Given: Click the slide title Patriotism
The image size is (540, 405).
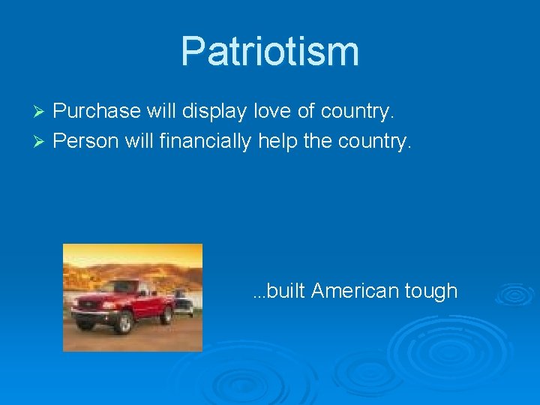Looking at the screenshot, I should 270,51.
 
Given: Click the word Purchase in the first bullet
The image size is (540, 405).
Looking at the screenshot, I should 97,112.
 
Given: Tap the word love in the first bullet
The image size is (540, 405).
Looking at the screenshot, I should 274,111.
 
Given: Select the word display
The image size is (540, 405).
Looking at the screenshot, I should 216,112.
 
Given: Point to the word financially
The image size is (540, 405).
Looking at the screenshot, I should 205,141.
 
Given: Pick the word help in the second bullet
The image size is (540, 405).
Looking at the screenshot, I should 277,141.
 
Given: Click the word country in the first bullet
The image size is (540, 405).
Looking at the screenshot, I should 356,112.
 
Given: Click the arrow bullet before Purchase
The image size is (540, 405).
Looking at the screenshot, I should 41,112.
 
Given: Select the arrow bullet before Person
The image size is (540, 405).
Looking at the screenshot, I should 41,142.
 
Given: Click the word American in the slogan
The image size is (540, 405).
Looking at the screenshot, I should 346,291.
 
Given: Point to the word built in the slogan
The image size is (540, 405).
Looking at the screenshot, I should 283,291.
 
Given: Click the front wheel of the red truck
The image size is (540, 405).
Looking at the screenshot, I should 122,323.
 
